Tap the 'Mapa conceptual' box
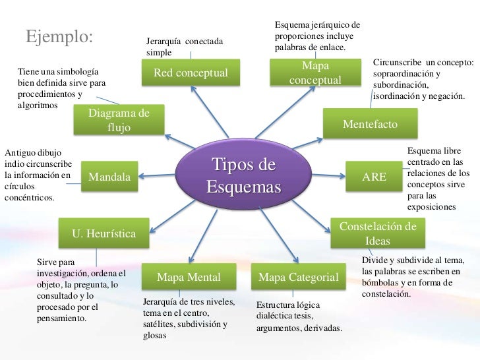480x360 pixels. (x=315, y=73)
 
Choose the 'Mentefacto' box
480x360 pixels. (x=370, y=123)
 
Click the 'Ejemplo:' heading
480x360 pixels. (x=59, y=36)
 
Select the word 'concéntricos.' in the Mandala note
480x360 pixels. (x=30, y=196)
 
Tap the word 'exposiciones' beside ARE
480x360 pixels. (x=431, y=206)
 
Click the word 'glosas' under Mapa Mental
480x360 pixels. (x=156, y=335)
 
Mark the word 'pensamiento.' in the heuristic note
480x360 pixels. (x=63, y=318)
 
